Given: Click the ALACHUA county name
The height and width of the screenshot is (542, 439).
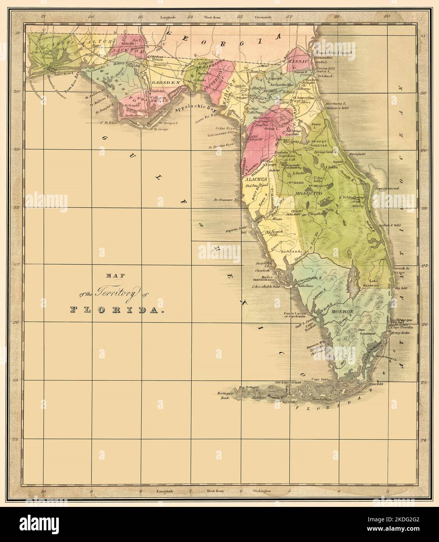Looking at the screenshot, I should tap(255, 179).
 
